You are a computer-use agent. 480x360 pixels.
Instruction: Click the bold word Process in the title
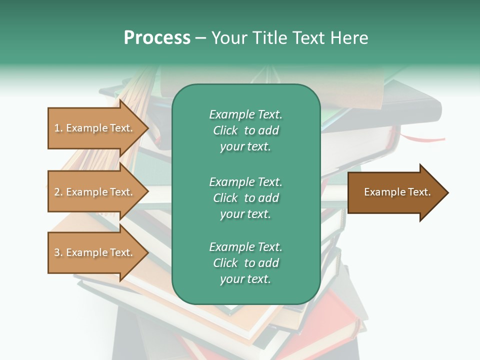[x=157, y=38]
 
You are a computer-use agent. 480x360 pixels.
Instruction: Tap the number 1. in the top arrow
[x=58, y=128]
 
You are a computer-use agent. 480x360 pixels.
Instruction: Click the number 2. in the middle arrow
[x=58, y=192]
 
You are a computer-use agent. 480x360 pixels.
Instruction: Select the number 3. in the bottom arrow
[x=58, y=252]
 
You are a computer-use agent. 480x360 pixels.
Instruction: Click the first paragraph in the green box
[x=245, y=130]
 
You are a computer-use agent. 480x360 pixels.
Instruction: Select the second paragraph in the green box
[x=245, y=198]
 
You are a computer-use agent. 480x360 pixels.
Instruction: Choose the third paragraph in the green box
[x=245, y=263]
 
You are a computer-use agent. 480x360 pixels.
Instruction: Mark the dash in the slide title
[x=200, y=38]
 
